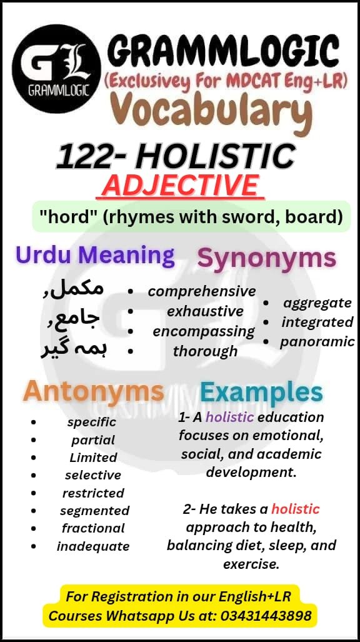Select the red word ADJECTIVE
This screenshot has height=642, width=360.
tap(180, 185)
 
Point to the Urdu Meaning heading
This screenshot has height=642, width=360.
tap(95, 255)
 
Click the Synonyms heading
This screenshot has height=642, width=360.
tap(267, 258)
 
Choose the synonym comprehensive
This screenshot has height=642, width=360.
tap(202, 291)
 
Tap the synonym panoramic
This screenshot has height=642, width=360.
tap(317, 342)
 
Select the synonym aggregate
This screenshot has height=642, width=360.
tap(317, 303)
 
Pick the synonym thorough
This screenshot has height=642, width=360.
tap(205, 351)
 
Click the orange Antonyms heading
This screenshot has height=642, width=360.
tap(94, 392)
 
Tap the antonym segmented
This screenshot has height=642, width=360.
tap(96, 511)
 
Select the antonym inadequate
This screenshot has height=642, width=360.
tap(93, 546)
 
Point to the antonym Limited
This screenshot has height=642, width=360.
tap(93, 458)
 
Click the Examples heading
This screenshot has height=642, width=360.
tap(261, 393)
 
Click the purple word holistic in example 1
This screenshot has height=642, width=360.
tap(229, 417)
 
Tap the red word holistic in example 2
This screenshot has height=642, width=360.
tap(295, 509)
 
